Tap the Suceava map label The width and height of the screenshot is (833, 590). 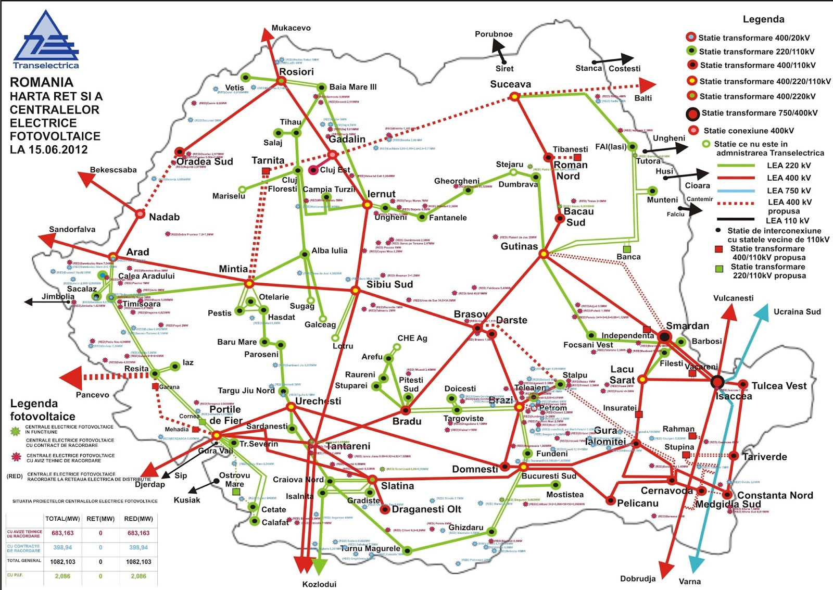[x=510, y=84]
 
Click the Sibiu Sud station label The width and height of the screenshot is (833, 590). [x=389, y=284]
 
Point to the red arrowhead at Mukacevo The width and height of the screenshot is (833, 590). [x=267, y=35]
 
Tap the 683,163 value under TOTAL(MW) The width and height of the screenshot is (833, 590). [x=62, y=533]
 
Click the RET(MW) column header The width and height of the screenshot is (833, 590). [x=100, y=519]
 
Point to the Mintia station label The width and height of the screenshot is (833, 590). [x=233, y=269]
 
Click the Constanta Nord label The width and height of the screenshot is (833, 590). [x=775, y=495]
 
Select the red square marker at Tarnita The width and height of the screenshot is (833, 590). [x=266, y=171]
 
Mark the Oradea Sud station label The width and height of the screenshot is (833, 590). [x=205, y=161]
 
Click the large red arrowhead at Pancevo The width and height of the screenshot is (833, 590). [x=72, y=378]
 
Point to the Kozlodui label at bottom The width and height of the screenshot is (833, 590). [x=319, y=584]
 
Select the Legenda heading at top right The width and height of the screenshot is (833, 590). [x=763, y=19]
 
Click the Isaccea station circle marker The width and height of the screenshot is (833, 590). [x=718, y=382]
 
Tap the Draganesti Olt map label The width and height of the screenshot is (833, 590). [x=426, y=509]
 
